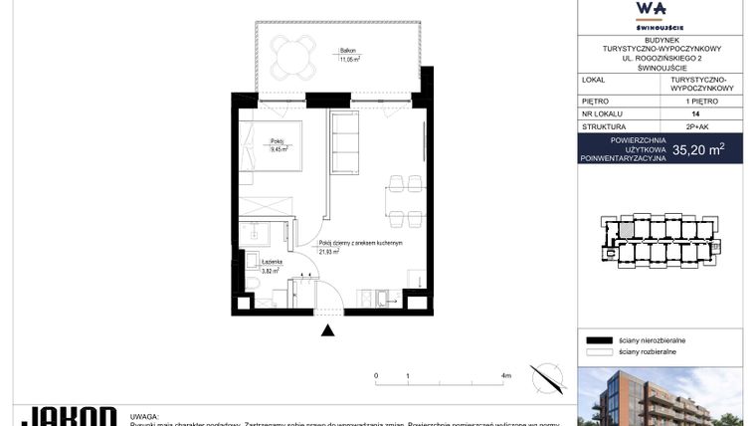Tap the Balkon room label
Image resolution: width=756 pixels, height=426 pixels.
point(348,51)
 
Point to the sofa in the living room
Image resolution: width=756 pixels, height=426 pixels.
point(346,144)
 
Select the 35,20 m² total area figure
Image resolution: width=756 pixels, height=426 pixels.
point(697,150)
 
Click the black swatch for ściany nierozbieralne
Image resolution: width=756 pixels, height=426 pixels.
point(598,340)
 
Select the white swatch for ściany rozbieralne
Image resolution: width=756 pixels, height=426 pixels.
point(598,351)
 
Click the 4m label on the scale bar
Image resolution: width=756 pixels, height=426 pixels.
point(506,376)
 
